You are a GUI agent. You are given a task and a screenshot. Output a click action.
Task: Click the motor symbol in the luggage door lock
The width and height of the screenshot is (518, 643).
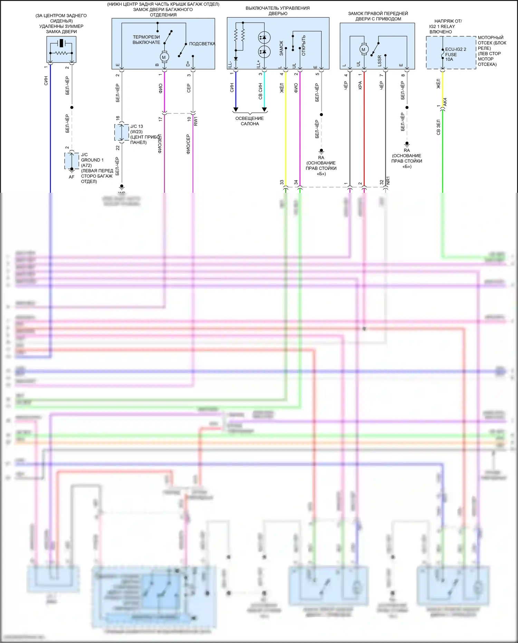[x=164, y=57]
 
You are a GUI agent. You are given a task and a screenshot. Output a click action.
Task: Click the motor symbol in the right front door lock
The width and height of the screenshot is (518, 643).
[x=363, y=49]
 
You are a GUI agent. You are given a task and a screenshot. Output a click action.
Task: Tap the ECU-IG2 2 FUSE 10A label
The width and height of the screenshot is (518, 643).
[x=455, y=54]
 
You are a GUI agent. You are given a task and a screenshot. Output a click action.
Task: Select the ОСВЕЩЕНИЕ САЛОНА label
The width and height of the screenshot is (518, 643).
[x=250, y=121]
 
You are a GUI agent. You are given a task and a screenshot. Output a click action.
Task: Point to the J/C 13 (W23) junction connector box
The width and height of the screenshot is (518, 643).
[x=122, y=132]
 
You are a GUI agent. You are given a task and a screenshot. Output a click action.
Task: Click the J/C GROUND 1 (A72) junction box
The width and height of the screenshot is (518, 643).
[x=71, y=160]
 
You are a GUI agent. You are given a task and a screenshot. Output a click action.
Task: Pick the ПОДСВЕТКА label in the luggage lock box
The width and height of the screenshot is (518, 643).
[x=202, y=44]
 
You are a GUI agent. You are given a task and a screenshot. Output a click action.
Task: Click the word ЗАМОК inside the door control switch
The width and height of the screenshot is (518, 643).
[x=281, y=48]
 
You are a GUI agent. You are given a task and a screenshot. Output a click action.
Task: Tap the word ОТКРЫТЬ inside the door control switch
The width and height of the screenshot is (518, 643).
[x=304, y=45]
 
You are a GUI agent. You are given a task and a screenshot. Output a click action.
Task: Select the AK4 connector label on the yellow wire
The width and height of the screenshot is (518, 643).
[x=445, y=102]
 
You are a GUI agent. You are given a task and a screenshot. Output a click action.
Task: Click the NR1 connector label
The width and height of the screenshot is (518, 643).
[x=388, y=180]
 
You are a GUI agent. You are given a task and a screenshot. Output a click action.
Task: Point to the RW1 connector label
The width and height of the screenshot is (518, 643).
[x=196, y=121]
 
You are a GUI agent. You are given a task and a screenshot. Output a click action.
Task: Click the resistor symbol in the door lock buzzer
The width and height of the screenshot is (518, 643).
[x=61, y=53]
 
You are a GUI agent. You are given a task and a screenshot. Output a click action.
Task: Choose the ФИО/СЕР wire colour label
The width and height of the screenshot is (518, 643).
[x=188, y=144]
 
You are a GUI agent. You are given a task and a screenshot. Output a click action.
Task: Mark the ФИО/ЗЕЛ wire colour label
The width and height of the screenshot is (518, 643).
[x=160, y=144]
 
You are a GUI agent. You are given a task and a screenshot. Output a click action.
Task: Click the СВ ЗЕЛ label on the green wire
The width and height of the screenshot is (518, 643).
[x=438, y=127]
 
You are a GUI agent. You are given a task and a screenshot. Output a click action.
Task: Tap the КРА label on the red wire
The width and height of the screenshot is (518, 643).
[x=360, y=85]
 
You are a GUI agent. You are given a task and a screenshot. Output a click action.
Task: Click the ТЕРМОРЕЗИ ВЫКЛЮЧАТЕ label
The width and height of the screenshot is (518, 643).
[x=146, y=40]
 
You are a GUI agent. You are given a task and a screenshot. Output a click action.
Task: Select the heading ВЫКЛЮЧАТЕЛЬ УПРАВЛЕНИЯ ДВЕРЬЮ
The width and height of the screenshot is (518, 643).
[x=278, y=11]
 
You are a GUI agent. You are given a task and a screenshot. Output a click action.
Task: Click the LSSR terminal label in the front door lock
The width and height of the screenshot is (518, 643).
[x=380, y=61]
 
